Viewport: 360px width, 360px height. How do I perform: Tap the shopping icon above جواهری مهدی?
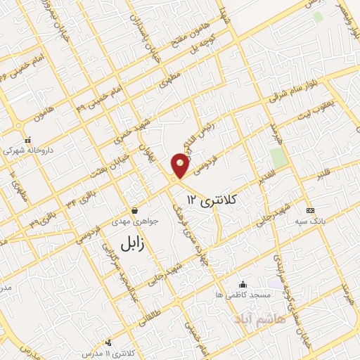pyautogui.click(x=134, y=210)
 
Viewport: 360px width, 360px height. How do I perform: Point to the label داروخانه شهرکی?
pyautogui.click(x=28, y=150)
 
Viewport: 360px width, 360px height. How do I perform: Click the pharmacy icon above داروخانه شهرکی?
pyautogui.click(x=28, y=139)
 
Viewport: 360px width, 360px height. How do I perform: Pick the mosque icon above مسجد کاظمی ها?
pyautogui.click(x=243, y=284)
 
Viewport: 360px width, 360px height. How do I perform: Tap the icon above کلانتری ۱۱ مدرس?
pyautogui.click(x=108, y=342)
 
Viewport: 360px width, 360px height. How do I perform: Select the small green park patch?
pyautogui.click(x=278, y=157)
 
